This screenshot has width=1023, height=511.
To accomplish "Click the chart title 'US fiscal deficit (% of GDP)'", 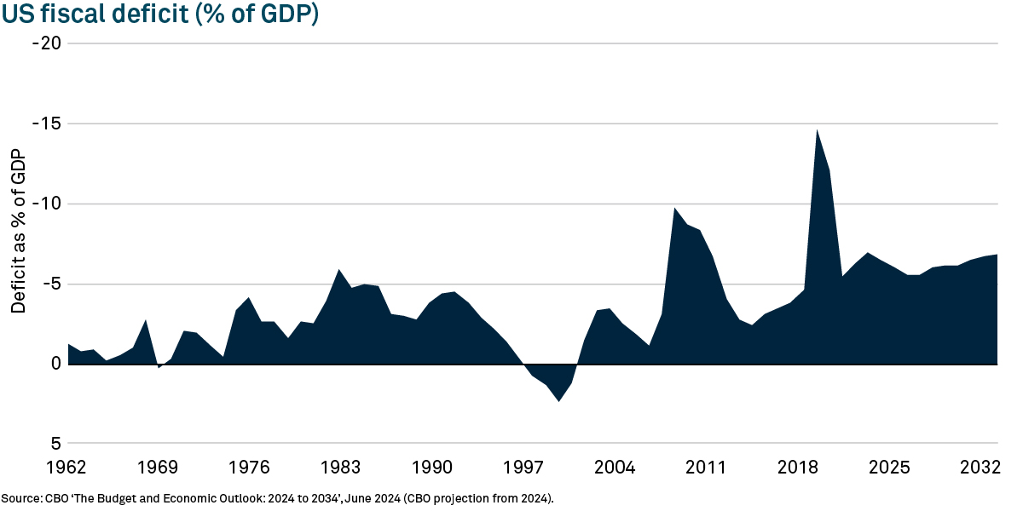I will (159, 14).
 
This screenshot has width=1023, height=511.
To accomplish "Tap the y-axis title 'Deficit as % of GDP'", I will (18, 231).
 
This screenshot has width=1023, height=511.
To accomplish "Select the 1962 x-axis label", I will (66, 468).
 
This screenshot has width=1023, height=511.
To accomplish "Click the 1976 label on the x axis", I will (249, 468).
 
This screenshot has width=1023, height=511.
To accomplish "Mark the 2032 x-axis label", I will (980, 468).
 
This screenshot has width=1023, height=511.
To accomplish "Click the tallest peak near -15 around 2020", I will (817, 131).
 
